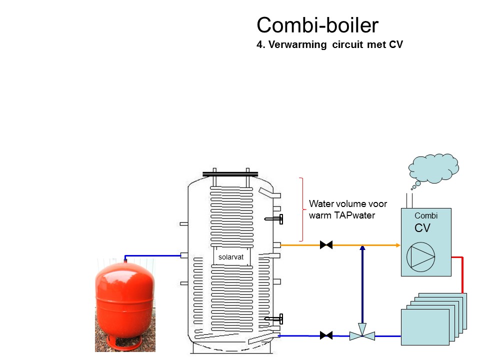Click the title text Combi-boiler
pos(317,24)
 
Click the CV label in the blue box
pos(422,228)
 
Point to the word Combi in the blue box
pos(426,216)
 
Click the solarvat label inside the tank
pos(230,257)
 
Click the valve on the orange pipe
pos(326,245)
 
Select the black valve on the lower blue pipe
pos(326,335)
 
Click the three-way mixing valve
pos(362,335)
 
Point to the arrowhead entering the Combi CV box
pos(398,245)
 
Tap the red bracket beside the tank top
pos(301,209)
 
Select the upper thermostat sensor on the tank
pos(274,219)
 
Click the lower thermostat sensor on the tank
pos(274,318)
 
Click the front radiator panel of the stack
pos(425,326)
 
